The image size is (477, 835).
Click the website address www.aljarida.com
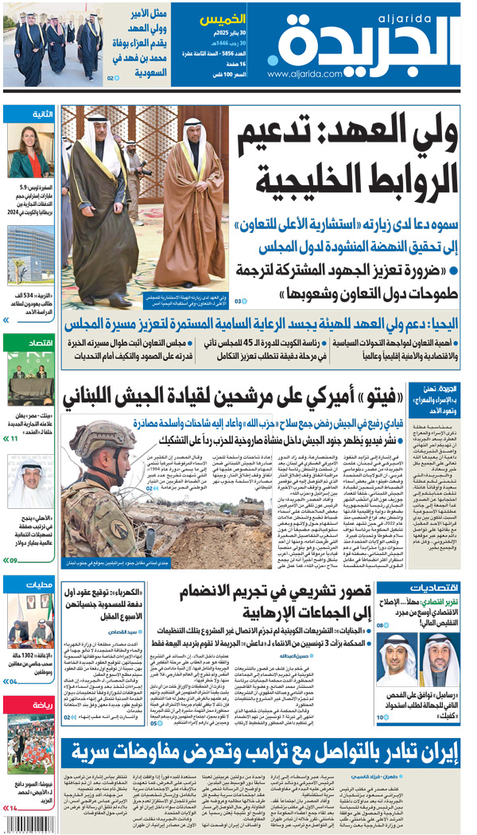coord(304,74)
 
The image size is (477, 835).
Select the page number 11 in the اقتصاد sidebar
coord(14,438)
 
